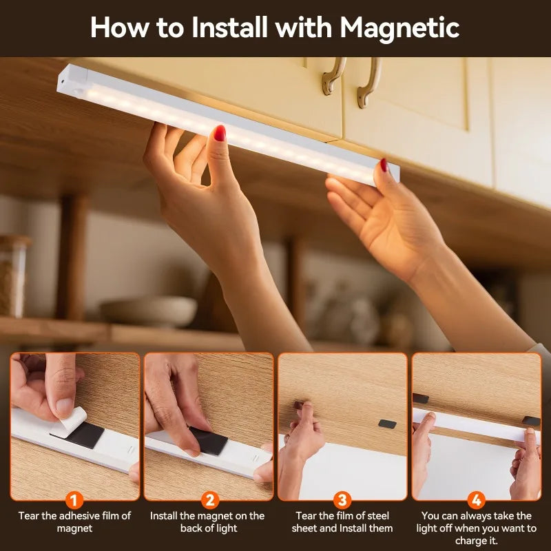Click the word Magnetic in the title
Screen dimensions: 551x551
pyautogui.click(x=399, y=28)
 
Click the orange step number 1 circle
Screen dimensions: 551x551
pyautogui.click(x=74, y=500)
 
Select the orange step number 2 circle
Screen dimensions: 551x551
pyautogui.click(x=210, y=500)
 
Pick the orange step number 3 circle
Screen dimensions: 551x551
pyautogui.click(x=342, y=500)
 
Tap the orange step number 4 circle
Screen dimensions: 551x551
pyautogui.click(x=477, y=500)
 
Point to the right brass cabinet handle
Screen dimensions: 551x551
pyautogui.click(x=369, y=83)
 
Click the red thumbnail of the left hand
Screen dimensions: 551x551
pyautogui.click(x=220, y=133)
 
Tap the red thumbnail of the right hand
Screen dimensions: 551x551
pyautogui.click(x=384, y=165)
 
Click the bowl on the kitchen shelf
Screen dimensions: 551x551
pyautogui.click(x=148, y=312)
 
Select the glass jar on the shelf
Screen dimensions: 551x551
pyautogui.click(x=12, y=276)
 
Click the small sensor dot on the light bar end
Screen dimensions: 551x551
pyautogui.click(x=63, y=81)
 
